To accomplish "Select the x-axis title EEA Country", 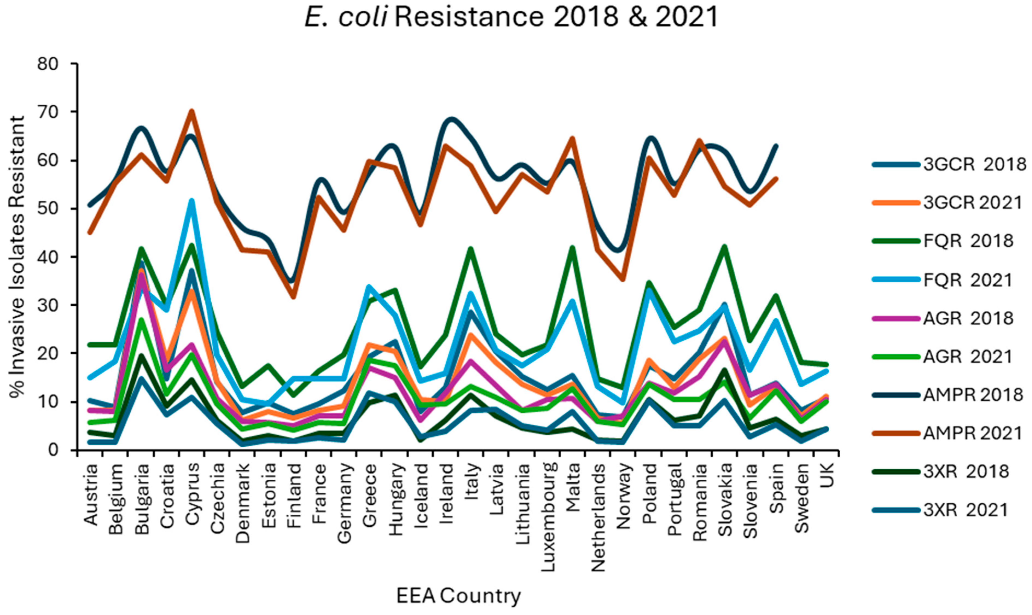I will click(x=459, y=596).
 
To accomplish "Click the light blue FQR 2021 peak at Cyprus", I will click(x=192, y=201).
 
